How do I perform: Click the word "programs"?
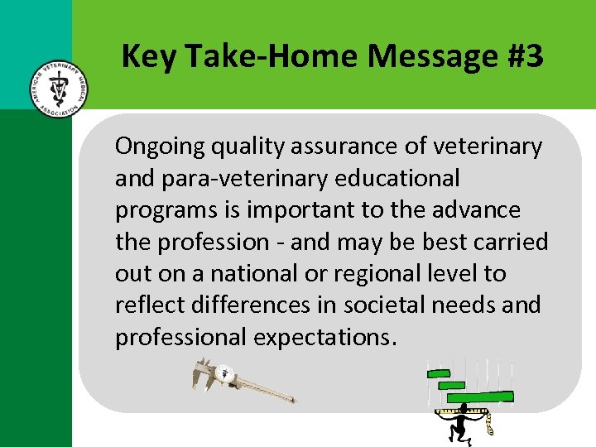pos(166,210)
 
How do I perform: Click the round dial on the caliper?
pos(224,373)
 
